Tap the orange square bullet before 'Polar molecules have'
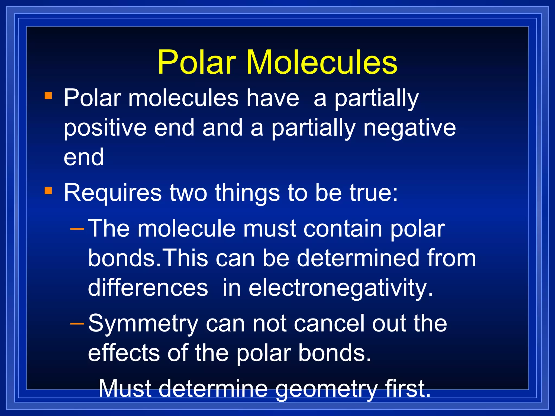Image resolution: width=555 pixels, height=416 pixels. tap(48, 96)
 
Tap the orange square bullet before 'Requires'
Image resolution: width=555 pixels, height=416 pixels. tap(48, 191)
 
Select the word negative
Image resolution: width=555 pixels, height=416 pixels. tap(409, 128)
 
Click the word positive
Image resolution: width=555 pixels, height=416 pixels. tap(105, 128)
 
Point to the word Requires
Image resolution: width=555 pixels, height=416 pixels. tap(113, 193)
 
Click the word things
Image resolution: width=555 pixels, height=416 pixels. tap(247, 193)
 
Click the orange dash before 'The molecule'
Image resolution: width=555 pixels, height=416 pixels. tap(77, 229)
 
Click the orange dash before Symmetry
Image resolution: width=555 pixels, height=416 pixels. tap(77, 323)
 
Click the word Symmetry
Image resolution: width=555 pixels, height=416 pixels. tap(143, 324)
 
